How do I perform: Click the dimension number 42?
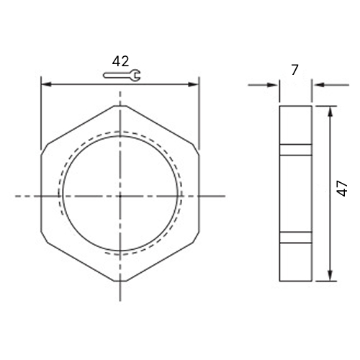click(x=120, y=61)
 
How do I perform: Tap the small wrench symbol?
click(x=122, y=75)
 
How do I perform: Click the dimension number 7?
click(x=294, y=70)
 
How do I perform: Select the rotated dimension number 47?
click(x=342, y=189)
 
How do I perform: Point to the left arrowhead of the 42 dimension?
click(x=46, y=84)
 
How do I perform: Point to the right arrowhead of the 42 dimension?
click(x=194, y=84)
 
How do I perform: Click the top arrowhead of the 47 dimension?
click(x=330, y=111)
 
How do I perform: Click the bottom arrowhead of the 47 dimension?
click(x=330, y=276)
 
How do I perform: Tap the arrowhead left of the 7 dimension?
click(x=273, y=85)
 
